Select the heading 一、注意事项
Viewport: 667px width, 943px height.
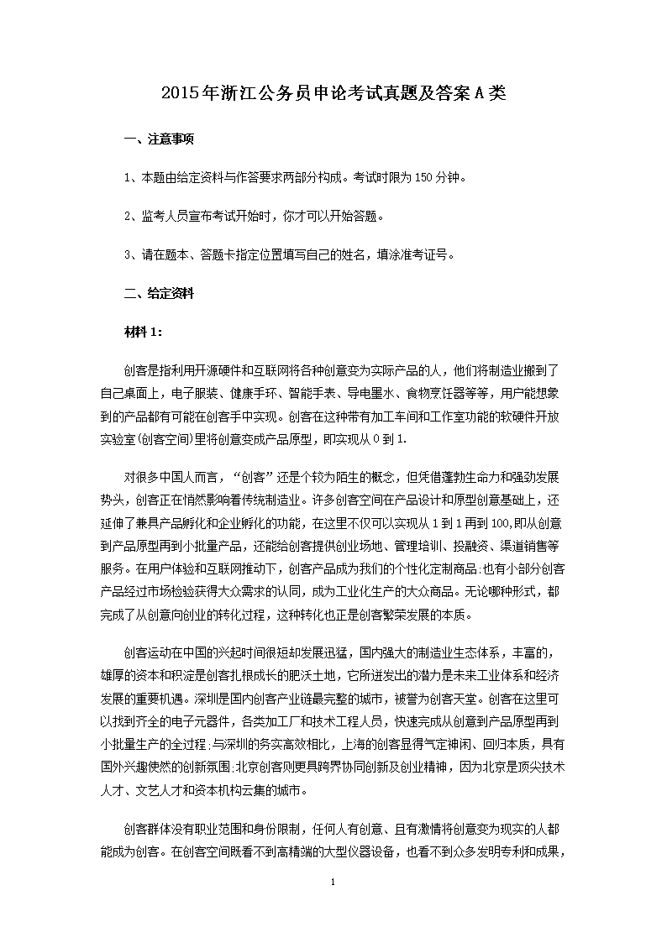click(159, 140)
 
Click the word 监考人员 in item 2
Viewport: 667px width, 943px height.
click(160, 217)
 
